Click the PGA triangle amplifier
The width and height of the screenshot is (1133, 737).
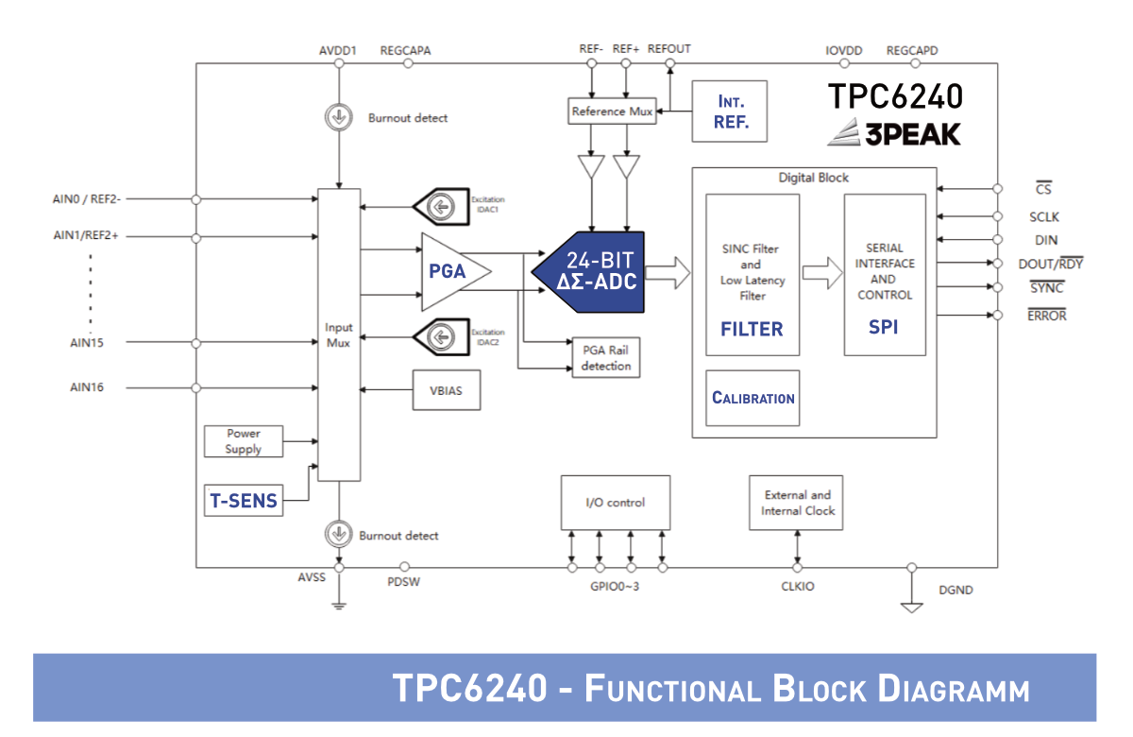tap(452, 272)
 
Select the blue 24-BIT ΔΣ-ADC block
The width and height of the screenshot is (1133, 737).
tap(588, 272)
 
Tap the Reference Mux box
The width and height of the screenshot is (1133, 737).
tap(612, 111)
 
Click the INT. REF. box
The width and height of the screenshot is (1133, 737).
tap(729, 111)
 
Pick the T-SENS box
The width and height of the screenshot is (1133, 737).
tap(244, 500)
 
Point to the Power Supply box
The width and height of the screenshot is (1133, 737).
tap(244, 441)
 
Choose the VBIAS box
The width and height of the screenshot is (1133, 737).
tap(446, 390)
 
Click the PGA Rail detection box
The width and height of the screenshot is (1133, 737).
tap(606, 358)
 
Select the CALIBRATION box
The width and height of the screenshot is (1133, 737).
tap(753, 398)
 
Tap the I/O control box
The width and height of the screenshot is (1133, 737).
tap(616, 503)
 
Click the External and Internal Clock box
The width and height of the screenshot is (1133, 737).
tap(796, 503)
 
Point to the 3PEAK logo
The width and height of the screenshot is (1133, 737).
tap(894, 132)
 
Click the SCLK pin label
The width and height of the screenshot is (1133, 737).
tap(1044, 217)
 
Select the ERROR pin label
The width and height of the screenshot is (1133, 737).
tap(1046, 315)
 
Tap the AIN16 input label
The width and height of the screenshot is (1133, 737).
tap(87, 387)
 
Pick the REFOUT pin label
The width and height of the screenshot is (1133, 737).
tap(668, 49)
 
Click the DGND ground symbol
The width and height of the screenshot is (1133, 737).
tap(912, 608)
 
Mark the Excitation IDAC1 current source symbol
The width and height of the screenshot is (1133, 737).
tap(441, 207)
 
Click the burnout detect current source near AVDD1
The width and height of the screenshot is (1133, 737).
tap(339, 117)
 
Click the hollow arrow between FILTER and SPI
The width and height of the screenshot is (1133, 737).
tap(822, 273)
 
